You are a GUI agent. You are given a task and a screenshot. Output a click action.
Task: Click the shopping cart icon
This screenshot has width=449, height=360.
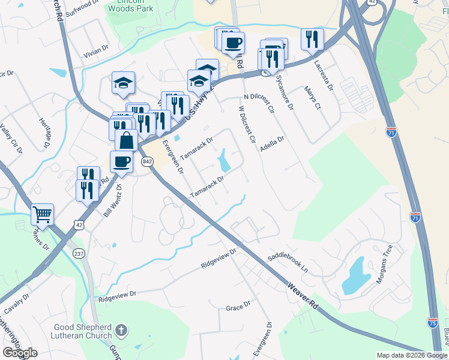coord(42,214)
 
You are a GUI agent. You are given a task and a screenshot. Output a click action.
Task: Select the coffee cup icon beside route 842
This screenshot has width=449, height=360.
coord(121,161)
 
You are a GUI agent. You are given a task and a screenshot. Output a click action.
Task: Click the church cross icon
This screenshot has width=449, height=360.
coord(121,329)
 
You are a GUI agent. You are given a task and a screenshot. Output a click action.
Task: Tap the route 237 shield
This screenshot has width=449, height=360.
coord(78,254)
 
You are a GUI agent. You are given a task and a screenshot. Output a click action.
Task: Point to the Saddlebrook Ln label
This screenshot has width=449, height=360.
coord(291,260)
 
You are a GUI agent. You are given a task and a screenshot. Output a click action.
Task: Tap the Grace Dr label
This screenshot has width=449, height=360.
coord(238,307)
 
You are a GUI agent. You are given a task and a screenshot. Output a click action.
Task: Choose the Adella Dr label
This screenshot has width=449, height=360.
coord(273,144)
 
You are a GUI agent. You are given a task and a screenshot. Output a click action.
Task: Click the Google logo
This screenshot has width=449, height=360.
coord(20,352)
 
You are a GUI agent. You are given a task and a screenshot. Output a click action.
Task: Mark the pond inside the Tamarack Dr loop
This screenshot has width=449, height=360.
coord(224,160)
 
